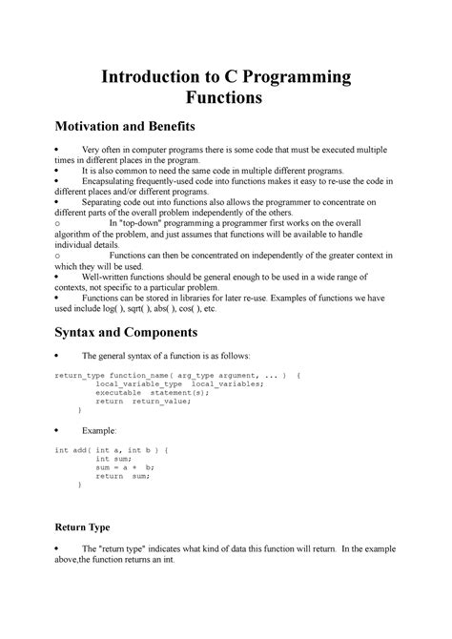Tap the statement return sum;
click(123, 475)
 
